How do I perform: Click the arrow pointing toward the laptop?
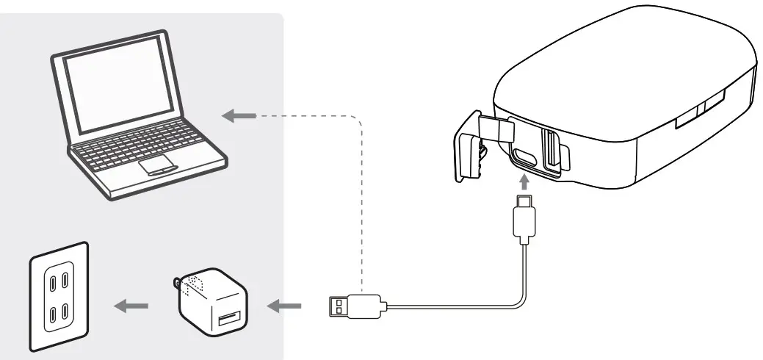[239, 115]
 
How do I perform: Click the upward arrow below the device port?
[524, 181]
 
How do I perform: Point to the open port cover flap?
[469, 146]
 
